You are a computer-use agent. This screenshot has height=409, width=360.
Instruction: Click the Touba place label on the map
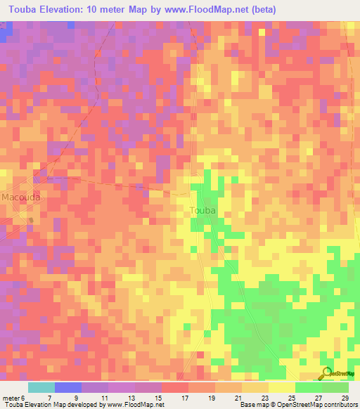tap(202, 210)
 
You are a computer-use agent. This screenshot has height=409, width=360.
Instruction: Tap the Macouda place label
tap(20, 197)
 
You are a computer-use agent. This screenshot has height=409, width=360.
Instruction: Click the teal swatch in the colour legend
tap(41, 388)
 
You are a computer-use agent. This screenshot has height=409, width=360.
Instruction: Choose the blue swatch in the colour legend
tap(68, 388)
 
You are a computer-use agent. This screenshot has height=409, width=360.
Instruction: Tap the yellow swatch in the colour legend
tap(282, 388)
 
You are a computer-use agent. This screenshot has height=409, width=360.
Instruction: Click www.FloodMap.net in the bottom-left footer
tap(131, 405)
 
